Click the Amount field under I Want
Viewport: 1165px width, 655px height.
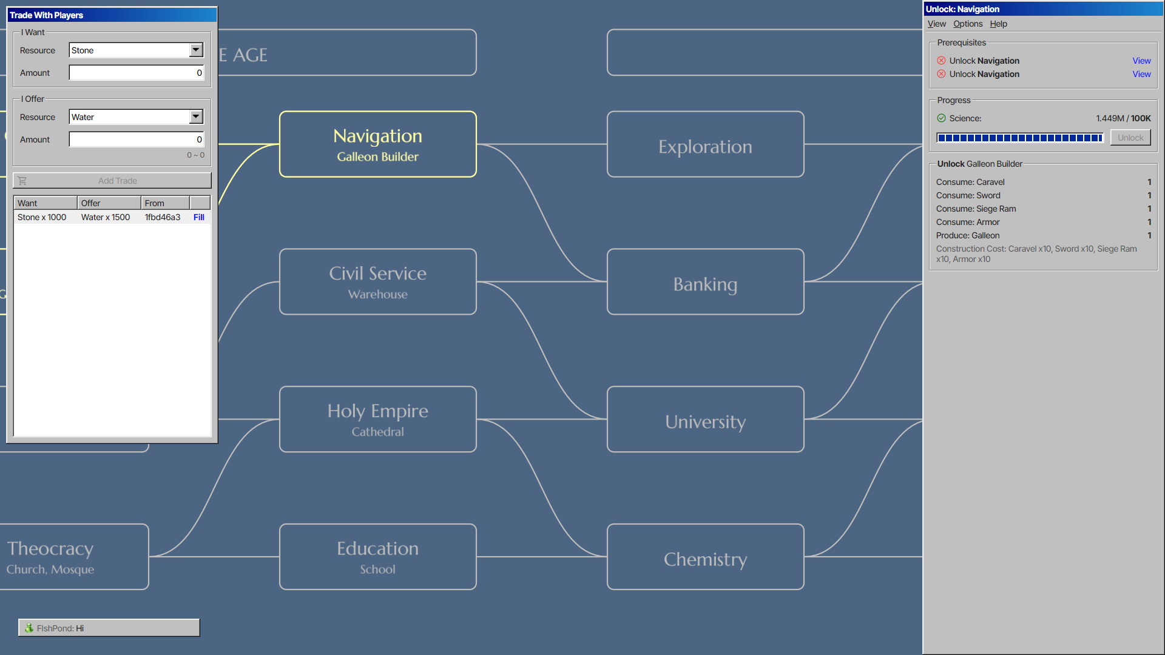click(x=137, y=73)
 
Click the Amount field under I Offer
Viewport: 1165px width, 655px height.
click(x=137, y=139)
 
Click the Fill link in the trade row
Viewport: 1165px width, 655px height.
click(x=199, y=217)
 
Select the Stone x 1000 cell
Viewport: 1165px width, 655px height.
click(x=42, y=217)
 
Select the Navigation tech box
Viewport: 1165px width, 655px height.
click(x=378, y=144)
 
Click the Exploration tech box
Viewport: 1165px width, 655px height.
click(x=706, y=144)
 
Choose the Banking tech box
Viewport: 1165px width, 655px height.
click(x=706, y=282)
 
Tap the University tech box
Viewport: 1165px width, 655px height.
click(x=706, y=420)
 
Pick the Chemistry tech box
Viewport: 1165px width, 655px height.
click(x=706, y=557)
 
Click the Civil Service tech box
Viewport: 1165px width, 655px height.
click(x=378, y=282)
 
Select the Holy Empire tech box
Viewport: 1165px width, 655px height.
click(x=378, y=420)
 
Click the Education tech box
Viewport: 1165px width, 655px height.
click(x=378, y=557)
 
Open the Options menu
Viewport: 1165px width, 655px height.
click(x=968, y=24)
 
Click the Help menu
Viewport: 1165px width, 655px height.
click(x=998, y=24)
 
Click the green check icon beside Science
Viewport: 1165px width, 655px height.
click(x=941, y=118)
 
